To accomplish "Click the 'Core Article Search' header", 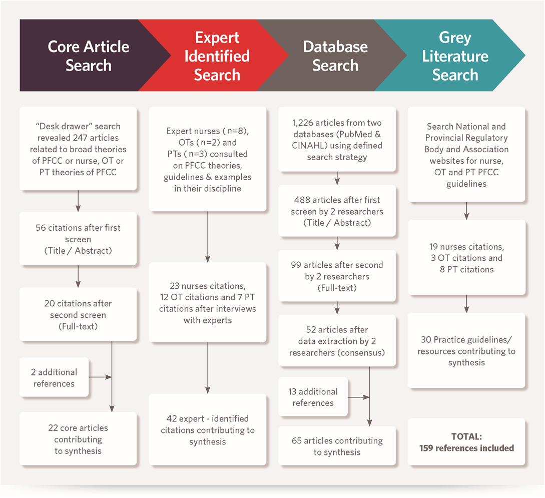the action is point(89,56).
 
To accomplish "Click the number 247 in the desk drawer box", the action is point(80,138).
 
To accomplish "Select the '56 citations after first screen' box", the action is point(78,239).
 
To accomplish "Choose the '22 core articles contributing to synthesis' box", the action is point(78,438).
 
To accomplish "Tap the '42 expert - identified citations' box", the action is point(208,429).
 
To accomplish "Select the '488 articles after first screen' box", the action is point(337,211).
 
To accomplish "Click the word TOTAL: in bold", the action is point(466,436).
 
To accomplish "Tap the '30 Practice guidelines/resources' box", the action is point(466,350).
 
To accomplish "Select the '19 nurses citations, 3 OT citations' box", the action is point(466,258).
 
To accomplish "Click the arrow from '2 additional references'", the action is point(100,377).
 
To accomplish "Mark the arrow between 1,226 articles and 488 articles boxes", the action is point(337,178).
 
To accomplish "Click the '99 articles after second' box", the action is point(337,276).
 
